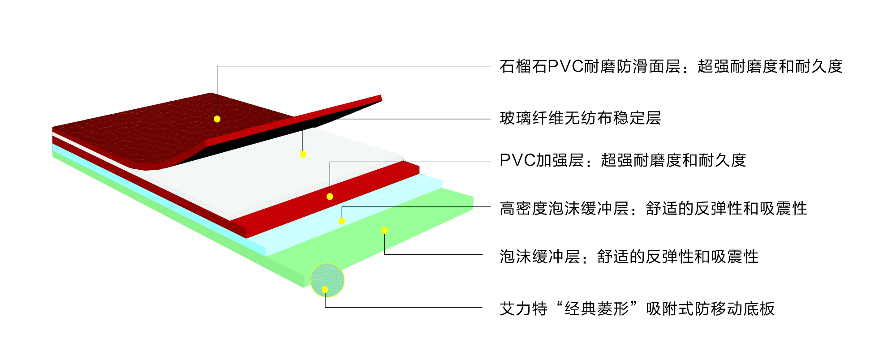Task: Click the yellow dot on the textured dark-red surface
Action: pyautogui.click(x=217, y=119)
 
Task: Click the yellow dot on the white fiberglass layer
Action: pyautogui.click(x=303, y=154)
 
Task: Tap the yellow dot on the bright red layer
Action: pyautogui.click(x=330, y=197)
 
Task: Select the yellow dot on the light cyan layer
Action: pyautogui.click(x=342, y=221)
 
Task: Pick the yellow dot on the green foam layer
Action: pyautogui.click(x=384, y=231)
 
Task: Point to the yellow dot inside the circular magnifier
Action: pyautogui.click(x=325, y=290)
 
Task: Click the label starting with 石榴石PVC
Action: pyautogui.click(x=671, y=67)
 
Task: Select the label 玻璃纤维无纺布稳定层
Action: pyautogui.click(x=580, y=118)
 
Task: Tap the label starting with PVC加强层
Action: pyautogui.click(x=623, y=160)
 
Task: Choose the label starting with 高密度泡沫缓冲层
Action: pyautogui.click(x=653, y=209)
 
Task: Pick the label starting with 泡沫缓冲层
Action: pyautogui.click(x=629, y=257)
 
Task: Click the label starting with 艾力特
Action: pyautogui.click(x=637, y=309)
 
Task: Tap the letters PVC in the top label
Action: pyautogui.click(x=566, y=67)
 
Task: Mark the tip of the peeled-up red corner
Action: pyautogui.click(x=381, y=97)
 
